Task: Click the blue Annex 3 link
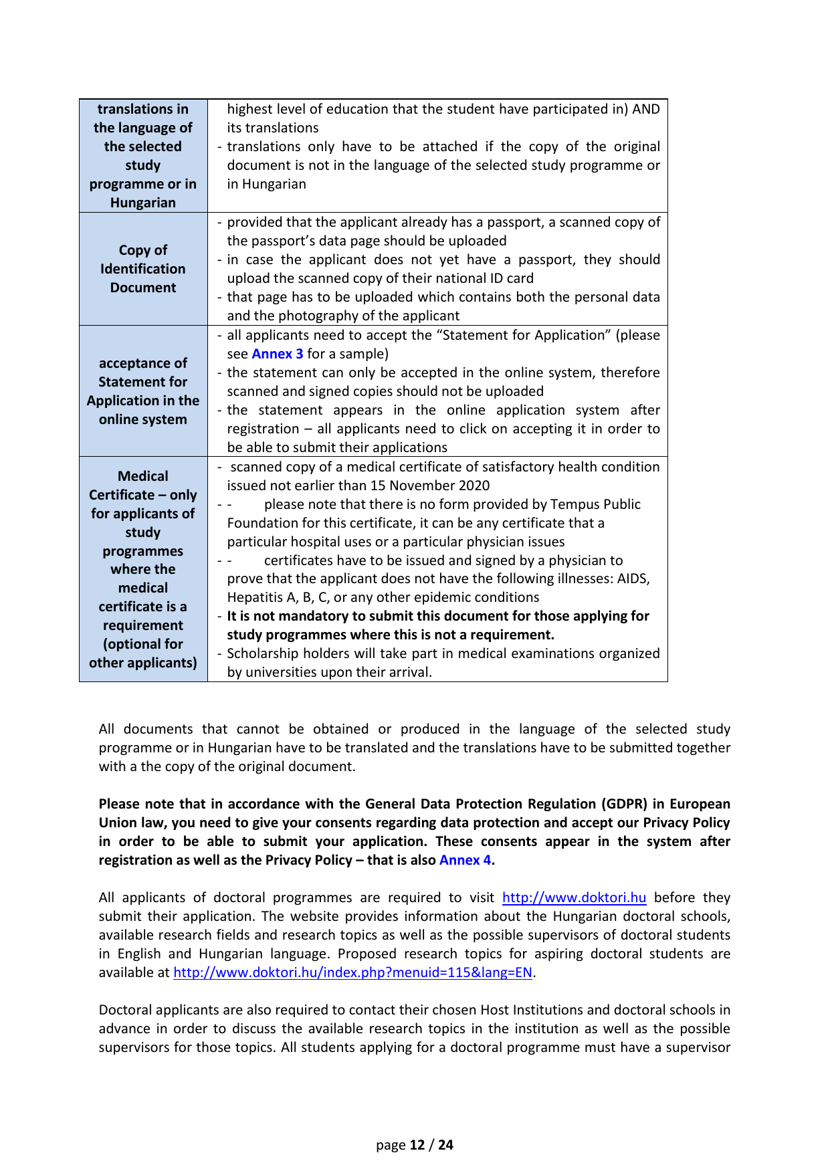click(x=277, y=354)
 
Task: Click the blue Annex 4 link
click(x=465, y=860)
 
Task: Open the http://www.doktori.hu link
click(x=574, y=897)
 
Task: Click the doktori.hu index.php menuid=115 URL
click(x=352, y=972)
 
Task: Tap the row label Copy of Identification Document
click(x=143, y=269)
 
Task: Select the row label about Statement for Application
click(x=143, y=391)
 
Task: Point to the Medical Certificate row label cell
click(x=143, y=569)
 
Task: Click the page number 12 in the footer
click(x=417, y=1145)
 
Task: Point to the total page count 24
click(x=445, y=1145)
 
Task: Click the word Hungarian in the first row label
click(x=143, y=203)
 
